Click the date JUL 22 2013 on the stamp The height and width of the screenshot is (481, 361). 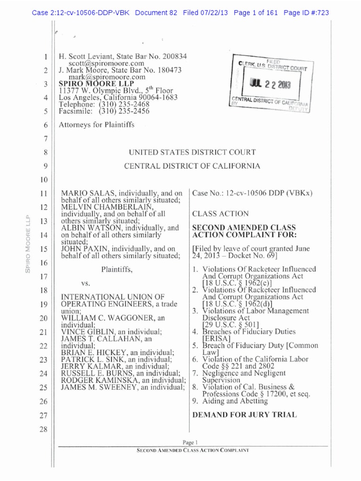pos(268,85)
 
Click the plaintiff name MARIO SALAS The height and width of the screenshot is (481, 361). pos(86,194)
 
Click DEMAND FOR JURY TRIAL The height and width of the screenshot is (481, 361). pos(244,414)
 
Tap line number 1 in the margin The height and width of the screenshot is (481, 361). pos(46,56)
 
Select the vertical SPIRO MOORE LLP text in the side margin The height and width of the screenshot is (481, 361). pos(27,243)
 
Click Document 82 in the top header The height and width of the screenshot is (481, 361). pos(156,13)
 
